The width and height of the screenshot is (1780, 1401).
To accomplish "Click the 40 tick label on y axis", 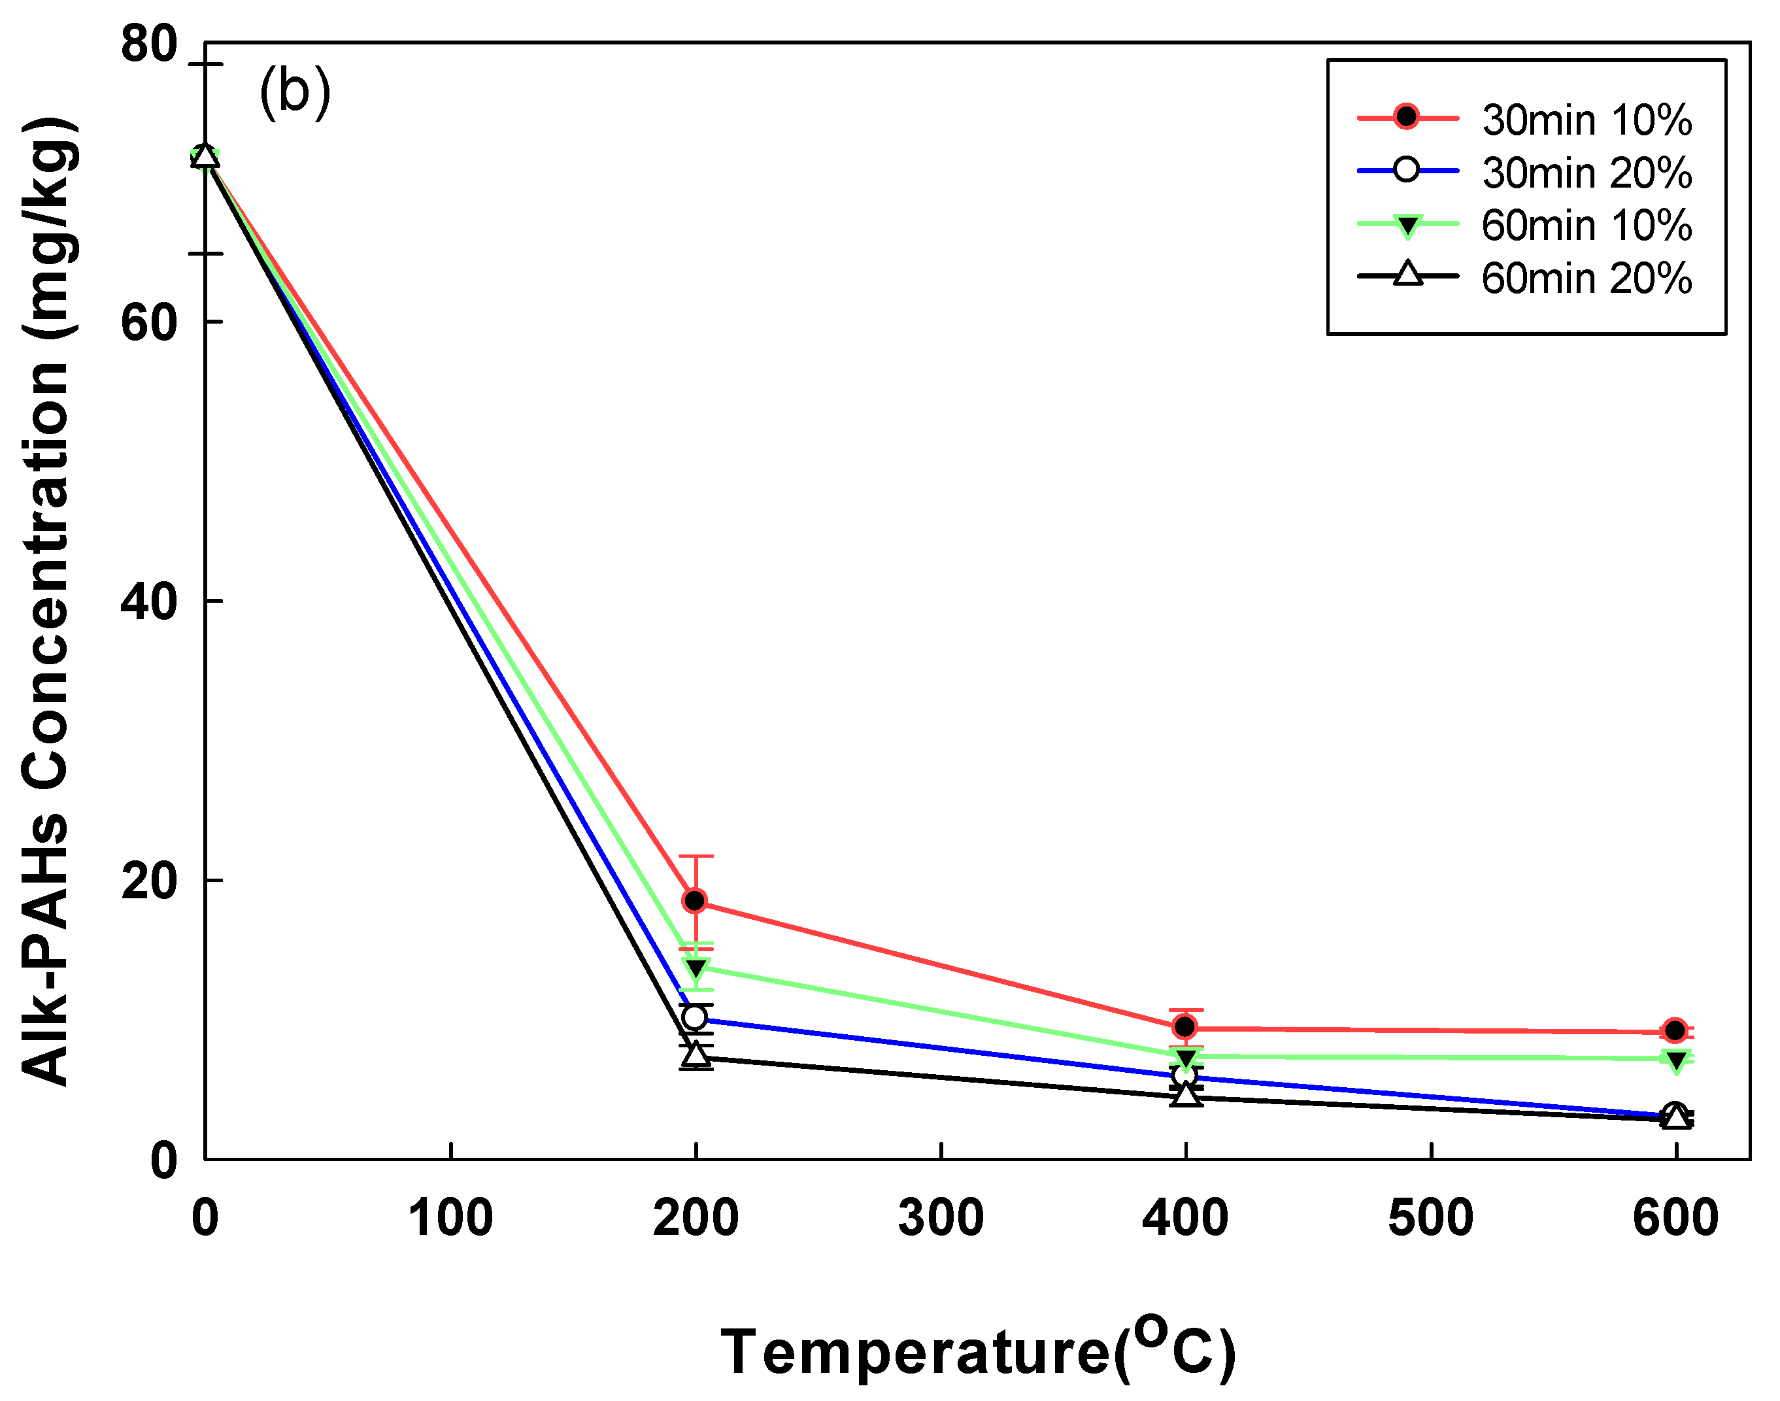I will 148,601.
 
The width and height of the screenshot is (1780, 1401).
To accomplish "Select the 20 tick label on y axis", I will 148,881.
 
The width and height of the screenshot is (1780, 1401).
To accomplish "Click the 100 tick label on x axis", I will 450,1218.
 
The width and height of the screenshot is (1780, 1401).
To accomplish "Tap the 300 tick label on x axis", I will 941,1218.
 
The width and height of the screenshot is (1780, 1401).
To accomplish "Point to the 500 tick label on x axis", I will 1430,1218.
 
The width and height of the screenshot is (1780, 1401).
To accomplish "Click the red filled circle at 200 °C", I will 695,901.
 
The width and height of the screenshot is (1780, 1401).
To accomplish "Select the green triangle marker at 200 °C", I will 696,969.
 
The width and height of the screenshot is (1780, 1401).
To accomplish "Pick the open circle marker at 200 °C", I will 695,1017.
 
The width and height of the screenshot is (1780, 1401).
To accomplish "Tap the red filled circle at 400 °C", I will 1184,1026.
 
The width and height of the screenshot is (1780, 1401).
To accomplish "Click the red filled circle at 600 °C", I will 1675,1030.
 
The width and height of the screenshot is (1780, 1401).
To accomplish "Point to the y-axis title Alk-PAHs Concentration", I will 48,602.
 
